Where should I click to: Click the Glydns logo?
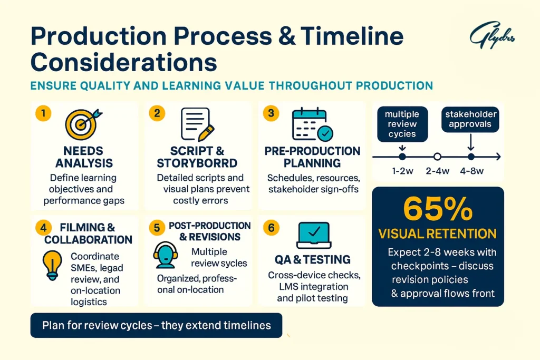[x=492, y=35]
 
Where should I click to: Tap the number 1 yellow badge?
[x=43, y=113]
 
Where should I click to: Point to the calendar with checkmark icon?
[x=312, y=124]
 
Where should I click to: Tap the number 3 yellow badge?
[x=271, y=113]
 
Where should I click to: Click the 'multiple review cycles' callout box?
[x=402, y=124]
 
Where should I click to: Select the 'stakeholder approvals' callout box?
[x=470, y=120]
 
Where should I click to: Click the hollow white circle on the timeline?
[x=437, y=157]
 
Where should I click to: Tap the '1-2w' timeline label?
[x=402, y=171]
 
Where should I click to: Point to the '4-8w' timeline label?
[x=472, y=171]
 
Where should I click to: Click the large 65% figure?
[x=438, y=209]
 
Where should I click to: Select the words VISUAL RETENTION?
[x=437, y=233]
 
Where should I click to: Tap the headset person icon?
[x=165, y=255]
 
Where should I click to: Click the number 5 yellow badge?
[x=157, y=228]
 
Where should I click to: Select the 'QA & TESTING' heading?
[x=313, y=259]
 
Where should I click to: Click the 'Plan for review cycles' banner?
[x=156, y=325]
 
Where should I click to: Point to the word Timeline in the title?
[x=352, y=36]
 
